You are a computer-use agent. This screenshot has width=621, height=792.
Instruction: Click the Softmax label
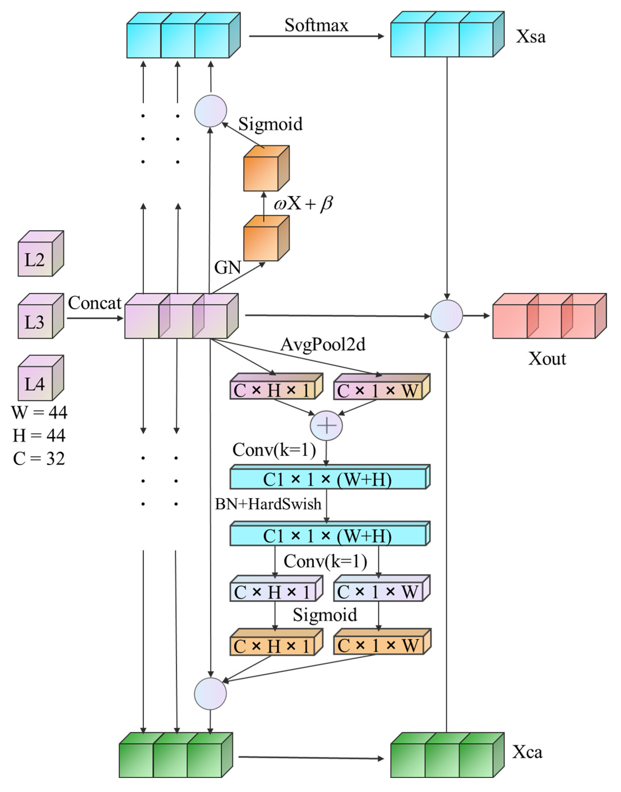[316, 25]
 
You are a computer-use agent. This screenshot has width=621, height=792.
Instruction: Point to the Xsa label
[530, 36]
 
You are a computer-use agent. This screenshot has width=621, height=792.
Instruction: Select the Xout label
[547, 359]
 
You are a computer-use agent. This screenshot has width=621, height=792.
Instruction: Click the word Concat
[95, 303]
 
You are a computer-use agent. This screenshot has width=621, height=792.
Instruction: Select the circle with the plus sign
[326, 426]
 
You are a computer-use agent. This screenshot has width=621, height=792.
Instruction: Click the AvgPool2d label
[323, 344]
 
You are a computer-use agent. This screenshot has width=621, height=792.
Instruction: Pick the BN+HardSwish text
[268, 504]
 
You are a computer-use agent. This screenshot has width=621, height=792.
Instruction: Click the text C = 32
[39, 459]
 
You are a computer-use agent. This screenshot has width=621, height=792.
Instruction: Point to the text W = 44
[39, 412]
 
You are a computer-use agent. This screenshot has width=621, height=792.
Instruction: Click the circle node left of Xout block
[447, 316]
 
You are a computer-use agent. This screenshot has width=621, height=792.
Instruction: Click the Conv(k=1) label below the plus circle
[274, 450]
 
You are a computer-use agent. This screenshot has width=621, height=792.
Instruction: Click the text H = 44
[39, 435]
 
